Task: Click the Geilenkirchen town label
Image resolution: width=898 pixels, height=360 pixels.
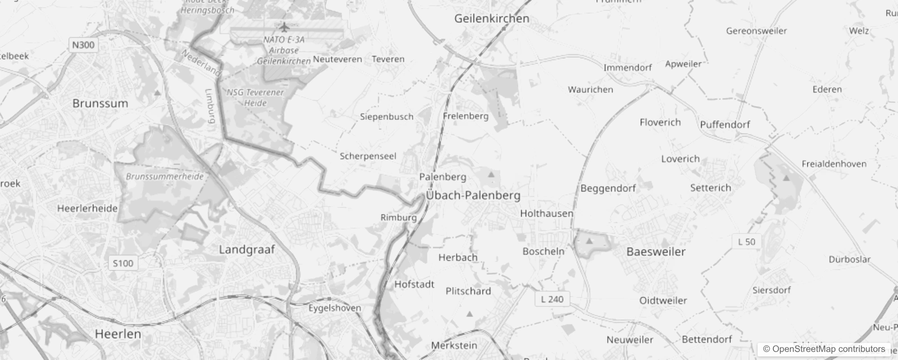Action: click(x=492, y=19)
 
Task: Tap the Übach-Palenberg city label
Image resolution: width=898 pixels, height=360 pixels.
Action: click(x=473, y=195)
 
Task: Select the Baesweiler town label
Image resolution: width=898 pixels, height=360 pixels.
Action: click(x=656, y=252)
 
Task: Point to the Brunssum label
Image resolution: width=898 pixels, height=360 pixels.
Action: click(x=100, y=103)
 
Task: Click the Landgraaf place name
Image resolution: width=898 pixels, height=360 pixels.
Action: click(x=247, y=249)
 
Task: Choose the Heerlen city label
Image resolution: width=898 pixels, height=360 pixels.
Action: click(x=118, y=334)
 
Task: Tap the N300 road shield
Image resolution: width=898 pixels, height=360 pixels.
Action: click(x=83, y=45)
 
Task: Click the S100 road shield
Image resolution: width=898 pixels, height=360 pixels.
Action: click(x=123, y=263)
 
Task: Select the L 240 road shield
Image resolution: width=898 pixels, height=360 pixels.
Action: click(x=552, y=299)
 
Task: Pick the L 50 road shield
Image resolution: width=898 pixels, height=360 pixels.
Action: click(x=747, y=242)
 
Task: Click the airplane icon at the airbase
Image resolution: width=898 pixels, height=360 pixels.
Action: click(x=284, y=27)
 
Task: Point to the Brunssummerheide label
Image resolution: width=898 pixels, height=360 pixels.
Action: click(x=165, y=176)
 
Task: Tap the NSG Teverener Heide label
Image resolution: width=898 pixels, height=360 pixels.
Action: click(x=255, y=98)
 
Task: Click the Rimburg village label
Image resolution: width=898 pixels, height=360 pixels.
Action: click(x=399, y=218)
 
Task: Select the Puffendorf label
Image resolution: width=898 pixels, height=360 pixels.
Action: click(x=725, y=125)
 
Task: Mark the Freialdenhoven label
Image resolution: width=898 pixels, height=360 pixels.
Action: click(x=834, y=164)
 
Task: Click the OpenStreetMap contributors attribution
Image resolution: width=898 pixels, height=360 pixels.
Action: click(x=824, y=349)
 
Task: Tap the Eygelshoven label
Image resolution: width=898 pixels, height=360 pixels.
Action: click(x=335, y=308)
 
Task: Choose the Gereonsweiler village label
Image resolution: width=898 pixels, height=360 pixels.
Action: click(x=756, y=31)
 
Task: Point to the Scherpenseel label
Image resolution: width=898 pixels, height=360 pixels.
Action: click(x=368, y=156)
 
